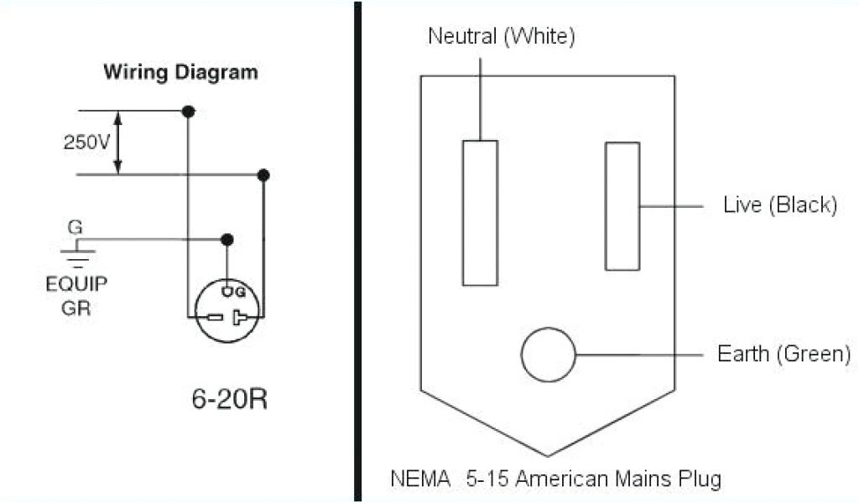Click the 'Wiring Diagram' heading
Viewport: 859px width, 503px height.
point(180,72)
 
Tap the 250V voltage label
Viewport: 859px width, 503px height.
point(86,143)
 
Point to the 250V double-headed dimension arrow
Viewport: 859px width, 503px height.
point(118,143)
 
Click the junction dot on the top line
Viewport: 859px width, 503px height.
point(189,111)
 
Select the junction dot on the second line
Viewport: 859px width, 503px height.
point(263,175)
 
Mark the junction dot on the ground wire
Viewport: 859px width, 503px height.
point(226,240)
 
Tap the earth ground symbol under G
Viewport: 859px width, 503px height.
point(80,251)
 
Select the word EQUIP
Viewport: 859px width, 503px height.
point(76,283)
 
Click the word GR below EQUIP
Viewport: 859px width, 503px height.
point(76,307)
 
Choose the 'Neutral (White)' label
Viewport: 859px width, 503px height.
point(502,36)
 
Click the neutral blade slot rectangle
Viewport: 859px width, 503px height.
point(480,213)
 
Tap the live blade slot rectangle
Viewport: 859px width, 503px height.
point(622,206)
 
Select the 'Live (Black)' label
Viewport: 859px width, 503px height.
point(780,205)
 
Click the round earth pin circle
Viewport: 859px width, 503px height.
point(549,355)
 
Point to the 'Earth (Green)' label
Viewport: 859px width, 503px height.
point(784,354)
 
